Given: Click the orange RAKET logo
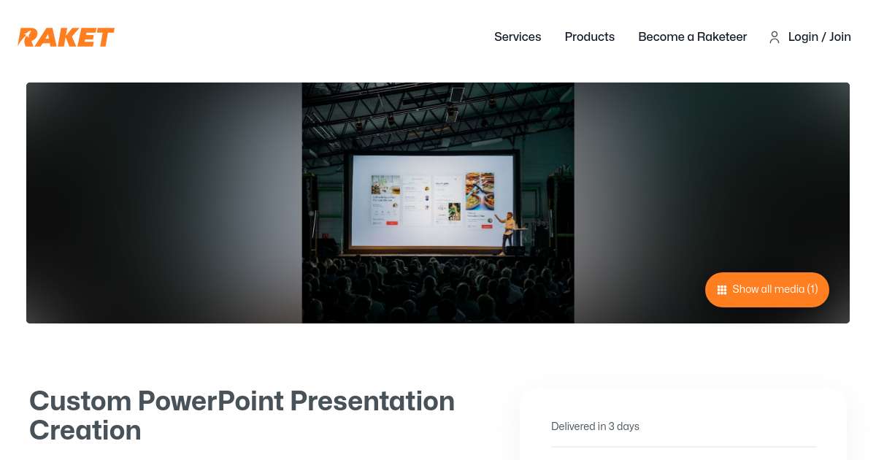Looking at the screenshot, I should (66, 37).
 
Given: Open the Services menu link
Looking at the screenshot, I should (518, 37).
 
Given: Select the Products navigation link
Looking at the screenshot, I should (589, 37).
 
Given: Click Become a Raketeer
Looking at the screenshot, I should (692, 37).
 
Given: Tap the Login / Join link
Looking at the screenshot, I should (819, 37).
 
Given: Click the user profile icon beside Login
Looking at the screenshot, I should (775, 37).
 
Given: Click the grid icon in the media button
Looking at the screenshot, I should (722, 290).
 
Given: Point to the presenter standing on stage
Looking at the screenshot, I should (509, 231).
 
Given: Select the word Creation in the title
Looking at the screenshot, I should (85, 430).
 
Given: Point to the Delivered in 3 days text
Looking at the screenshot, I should (595, 426).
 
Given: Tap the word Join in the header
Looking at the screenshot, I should (840, 37).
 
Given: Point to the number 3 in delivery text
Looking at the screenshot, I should (611, 426).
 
